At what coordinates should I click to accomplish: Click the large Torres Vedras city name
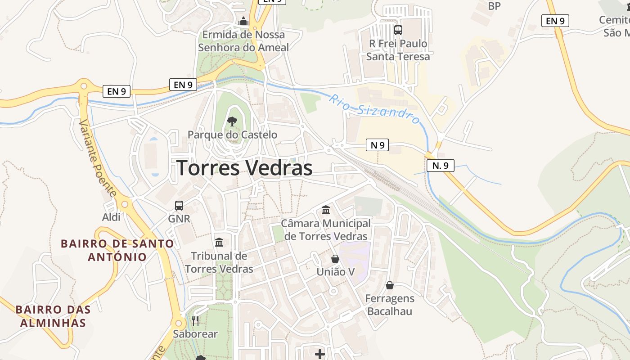[244, 168]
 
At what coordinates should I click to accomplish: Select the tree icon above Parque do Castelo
[232, 121]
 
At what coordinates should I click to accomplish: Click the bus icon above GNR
[179, 206]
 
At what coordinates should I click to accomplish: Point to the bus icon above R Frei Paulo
[398, 30]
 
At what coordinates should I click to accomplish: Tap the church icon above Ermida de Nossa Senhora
[243, 21]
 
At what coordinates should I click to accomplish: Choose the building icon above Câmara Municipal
[326, 210]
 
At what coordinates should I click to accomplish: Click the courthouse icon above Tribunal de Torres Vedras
[219, 242]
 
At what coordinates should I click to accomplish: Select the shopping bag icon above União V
[335, 259]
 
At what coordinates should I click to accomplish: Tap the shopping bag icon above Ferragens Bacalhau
[390, 285]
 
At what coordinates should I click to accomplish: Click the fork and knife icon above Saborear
[195, 320]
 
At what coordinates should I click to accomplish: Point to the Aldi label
[112, 217]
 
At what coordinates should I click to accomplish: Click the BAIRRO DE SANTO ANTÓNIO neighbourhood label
[117, 250]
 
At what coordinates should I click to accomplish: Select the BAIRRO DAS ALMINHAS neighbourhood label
[53, 316]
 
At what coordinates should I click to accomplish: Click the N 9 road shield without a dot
[377, 145]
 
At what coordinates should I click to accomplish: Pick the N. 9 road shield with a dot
[441, 166]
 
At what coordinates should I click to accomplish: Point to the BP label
[494, 6]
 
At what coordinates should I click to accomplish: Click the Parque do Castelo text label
[232, 135]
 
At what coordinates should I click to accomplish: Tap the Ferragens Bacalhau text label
[390, 305]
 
